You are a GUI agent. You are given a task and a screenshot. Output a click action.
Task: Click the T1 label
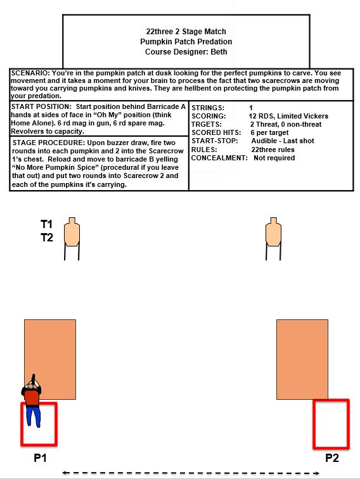(x=46, y=224)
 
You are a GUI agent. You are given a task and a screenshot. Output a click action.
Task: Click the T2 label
(x=47, y=238)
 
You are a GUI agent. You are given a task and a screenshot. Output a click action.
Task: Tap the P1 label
(x=40, y=457)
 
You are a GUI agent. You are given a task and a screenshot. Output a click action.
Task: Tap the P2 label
(x=332, y=457)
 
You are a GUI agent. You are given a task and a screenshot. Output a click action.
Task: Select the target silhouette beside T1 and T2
(x=72, y=233)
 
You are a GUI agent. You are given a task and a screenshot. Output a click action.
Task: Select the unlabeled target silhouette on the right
(x=274, y=233)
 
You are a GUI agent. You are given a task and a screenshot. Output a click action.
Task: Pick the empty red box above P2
(x=314, y=424)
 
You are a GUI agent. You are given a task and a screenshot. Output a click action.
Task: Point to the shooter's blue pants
(x=33, y=416)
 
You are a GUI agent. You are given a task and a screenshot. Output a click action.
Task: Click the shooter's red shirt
(x=32, y=397)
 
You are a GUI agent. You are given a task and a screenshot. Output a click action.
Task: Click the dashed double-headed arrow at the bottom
(x=191, y=473)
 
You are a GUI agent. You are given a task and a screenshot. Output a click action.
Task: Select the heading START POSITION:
(x=41, y=106)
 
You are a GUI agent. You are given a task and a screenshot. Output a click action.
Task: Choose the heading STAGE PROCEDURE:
(x=48, y=143)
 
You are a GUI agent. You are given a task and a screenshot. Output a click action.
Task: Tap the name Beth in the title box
(x=219, y=51)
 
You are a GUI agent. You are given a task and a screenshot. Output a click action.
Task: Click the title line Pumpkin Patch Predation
(x=186, y=42)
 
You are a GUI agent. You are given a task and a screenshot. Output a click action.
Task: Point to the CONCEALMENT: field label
(x=219, y=158)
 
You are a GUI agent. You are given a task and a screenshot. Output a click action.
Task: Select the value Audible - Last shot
(x=283, y=141)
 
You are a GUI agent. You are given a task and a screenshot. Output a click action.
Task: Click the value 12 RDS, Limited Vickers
(x=288, y=116)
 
